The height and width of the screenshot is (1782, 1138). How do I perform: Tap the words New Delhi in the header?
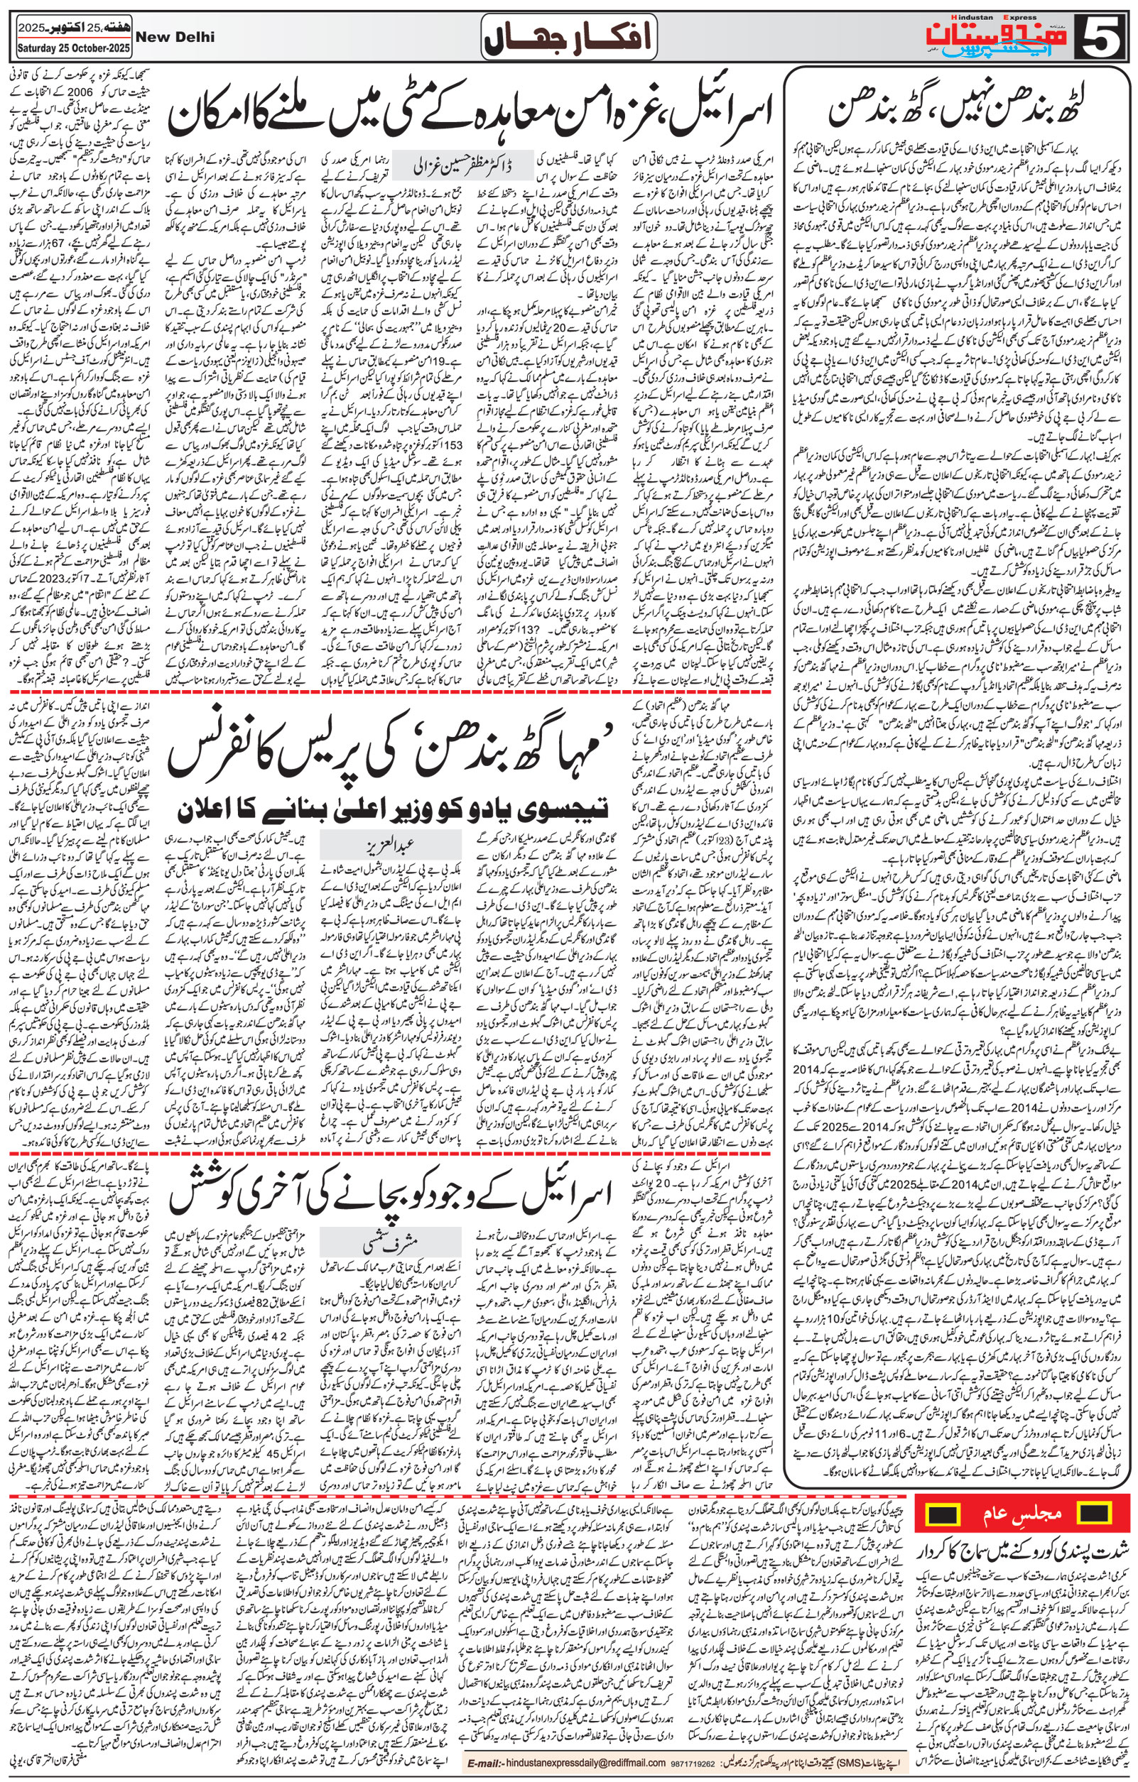[175, 37]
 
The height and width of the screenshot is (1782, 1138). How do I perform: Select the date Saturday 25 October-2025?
[72, 50]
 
